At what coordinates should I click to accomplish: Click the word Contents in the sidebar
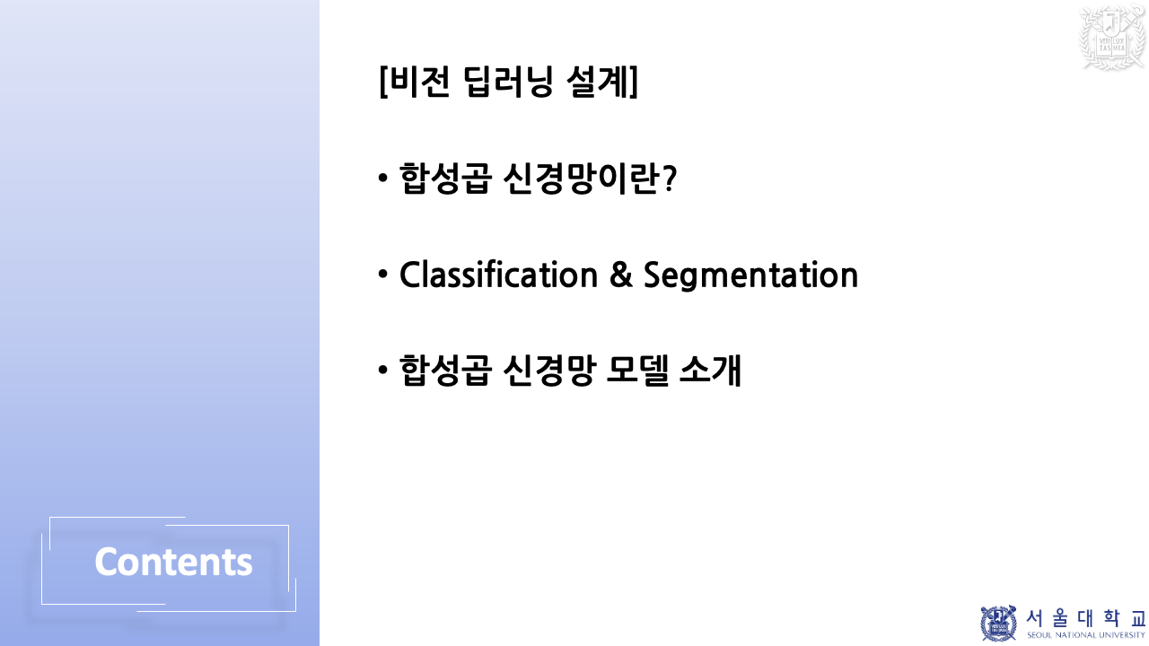[x=173, y=563]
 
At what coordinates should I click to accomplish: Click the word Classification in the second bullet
[x=498, y=275]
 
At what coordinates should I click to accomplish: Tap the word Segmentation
[x=750, y=275]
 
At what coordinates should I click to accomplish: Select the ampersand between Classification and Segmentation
[x=620, y=275]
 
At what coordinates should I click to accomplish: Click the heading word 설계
[x=598, y=83]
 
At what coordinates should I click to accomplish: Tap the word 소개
[x=710, y=370]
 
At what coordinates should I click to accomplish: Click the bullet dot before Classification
[x=383, y=274]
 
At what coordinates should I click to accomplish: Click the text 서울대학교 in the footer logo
[x=1085, y=618]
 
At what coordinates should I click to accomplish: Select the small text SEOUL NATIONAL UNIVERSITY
[x=1086, y=635]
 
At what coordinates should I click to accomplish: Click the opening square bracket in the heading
[x=383, y=83]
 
